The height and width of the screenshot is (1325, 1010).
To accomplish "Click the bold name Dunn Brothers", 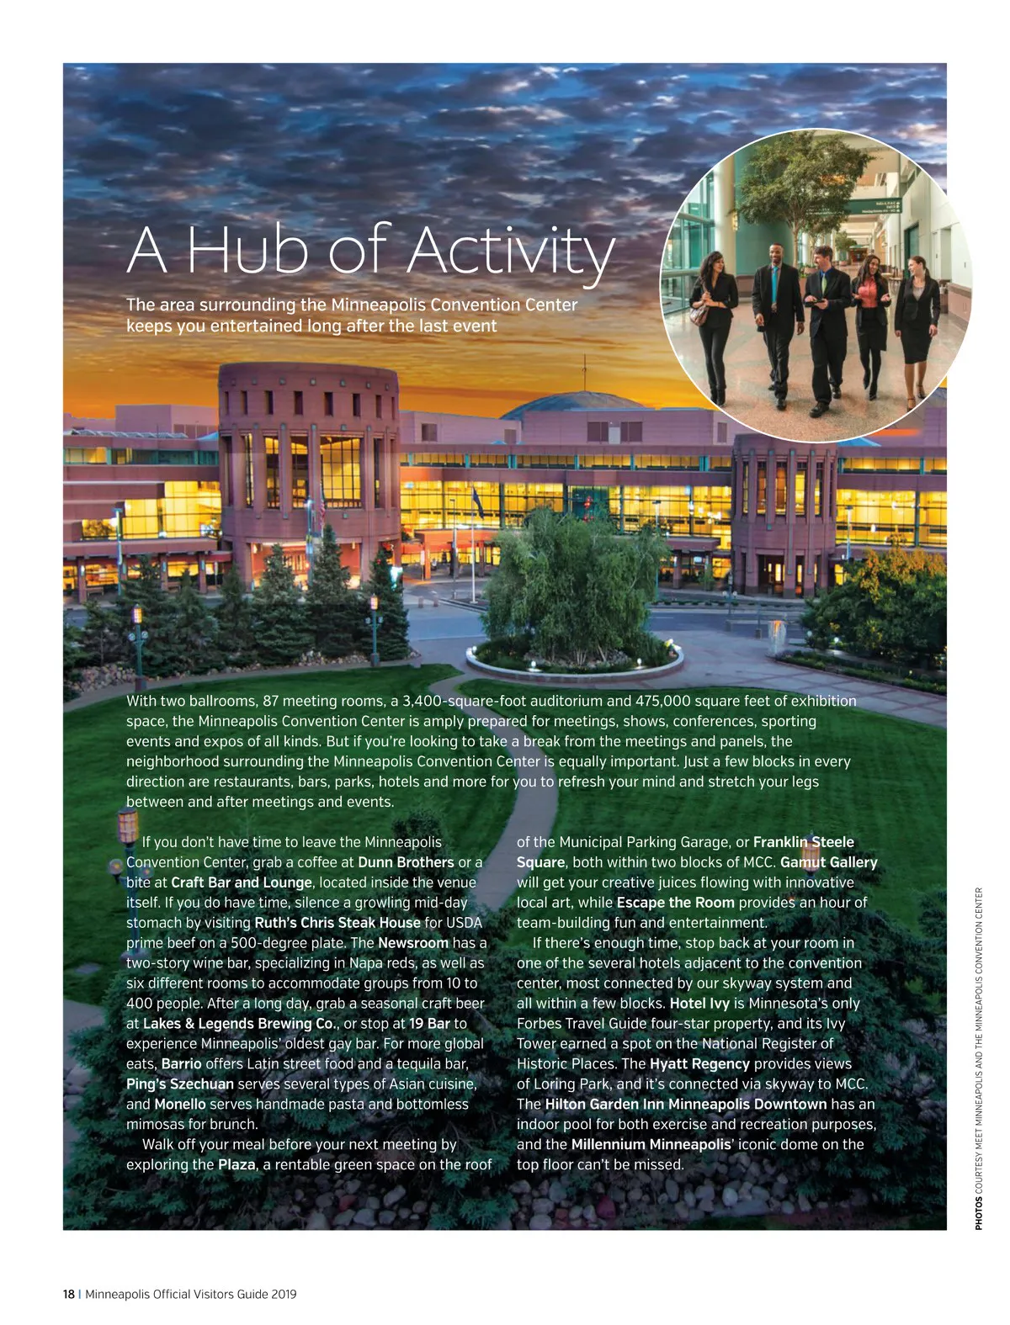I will click(406, 862).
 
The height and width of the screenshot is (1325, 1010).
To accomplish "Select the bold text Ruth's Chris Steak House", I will click(338, 923).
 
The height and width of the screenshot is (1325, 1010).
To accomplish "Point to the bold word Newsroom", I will click(413, 943).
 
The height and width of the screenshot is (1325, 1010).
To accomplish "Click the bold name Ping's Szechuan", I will click(180, 1084).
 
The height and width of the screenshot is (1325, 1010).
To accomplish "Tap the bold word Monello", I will click(180, 1105).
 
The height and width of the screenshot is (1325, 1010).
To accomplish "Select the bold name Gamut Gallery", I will click(828, 862).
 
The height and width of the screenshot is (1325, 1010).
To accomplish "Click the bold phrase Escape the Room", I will click(675, 903).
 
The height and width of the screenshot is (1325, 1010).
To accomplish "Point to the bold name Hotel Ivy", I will click(699, 1004).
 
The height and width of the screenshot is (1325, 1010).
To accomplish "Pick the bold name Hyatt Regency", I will click(699, 1064).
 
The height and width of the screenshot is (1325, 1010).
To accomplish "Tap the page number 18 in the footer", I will click(69, 1295).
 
